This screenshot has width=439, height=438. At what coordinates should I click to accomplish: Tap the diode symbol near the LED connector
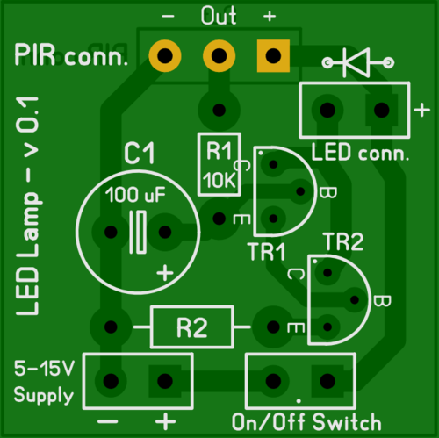(x=358, y=61)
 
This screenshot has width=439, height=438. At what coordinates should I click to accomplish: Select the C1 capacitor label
(x=139, y=155)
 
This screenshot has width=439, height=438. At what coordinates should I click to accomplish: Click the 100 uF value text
(x=136, y=195)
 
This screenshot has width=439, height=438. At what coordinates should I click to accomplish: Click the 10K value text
(x=218, y=181)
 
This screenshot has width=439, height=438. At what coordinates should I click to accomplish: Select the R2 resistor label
(x=191, y=327)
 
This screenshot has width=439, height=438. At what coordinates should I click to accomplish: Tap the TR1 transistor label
(x=266, y=253)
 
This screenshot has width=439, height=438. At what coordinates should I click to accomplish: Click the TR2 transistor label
(x=343, y=241)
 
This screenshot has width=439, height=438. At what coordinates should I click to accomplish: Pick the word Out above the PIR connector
(x=219, y=16)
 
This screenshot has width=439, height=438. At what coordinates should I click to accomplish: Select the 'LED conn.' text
(x=361, y=153)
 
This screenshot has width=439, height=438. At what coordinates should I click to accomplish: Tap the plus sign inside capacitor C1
(x=164, y=273)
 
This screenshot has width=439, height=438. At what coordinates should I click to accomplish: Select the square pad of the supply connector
(x=164, y=380)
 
